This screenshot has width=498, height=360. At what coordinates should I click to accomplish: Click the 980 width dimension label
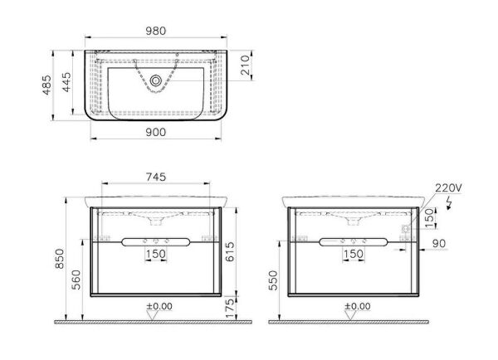pyautogui.click(x=156, y=31)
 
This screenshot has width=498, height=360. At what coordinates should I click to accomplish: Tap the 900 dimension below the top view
pyautogui.click(x=156, y=132)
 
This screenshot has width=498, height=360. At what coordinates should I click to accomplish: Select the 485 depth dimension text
pyautogui.click(x=46, y=85)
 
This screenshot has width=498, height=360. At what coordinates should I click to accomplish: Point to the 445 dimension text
pyautogui.click(x=66, y=82)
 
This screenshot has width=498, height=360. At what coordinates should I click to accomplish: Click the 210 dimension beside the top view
pyautogui.click(x=245, y=65)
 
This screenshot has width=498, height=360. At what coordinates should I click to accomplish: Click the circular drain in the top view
pyautogui.click(x=156, y=80)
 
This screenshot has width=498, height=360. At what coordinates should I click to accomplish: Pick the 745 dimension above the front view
pyautogui.click(x=156, y=177)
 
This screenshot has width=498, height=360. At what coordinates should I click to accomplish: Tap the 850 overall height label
pyautogui.click(x=60, y=259)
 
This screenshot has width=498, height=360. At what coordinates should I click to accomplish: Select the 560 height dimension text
pyautogui.click(x=76, y=280)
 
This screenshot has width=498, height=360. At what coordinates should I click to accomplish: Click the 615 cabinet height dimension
pyautogui.click(x=229, y=252)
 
